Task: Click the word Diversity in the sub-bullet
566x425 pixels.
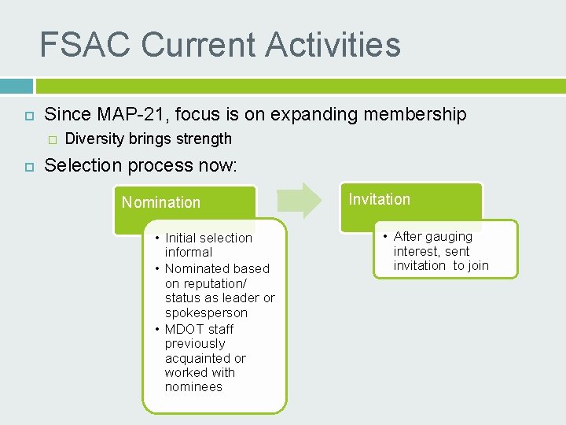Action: (x=94, y=139)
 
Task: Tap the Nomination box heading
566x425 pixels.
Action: (x=161, y=202)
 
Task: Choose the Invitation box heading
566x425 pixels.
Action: (x=380, y=199)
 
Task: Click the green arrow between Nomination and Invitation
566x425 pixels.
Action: (x=300, y=200)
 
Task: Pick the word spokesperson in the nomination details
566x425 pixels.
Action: (x=206, y=312)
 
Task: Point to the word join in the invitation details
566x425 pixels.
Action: (x=478, y=265)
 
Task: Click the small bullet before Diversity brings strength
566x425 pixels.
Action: (x=52, y=140)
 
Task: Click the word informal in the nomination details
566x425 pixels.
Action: (x=189, y=253)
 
